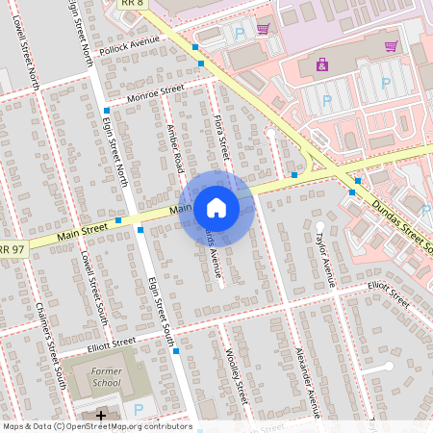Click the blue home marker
[216, 206]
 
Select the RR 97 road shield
[11, 250]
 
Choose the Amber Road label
[176, 148]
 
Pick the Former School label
[106, 376]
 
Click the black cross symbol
[101, 415]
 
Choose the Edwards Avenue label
[214, 252]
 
